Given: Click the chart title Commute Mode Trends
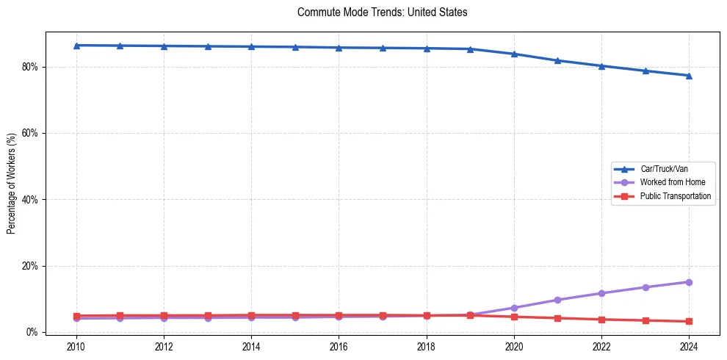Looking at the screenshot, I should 382,12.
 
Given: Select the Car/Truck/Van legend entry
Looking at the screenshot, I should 663,169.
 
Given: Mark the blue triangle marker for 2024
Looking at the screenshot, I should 689,76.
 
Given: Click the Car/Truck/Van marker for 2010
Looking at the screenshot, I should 76,46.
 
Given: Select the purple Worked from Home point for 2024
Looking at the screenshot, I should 689,282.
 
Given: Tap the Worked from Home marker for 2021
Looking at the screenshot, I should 557,300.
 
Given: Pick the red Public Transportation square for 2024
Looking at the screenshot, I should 689,321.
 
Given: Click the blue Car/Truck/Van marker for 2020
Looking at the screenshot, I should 514,54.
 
